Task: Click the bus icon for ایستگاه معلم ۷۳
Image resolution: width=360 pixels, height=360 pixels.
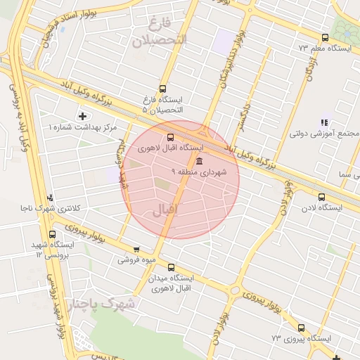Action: pos(324,38)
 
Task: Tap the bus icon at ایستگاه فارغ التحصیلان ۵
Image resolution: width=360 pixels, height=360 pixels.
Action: pos(163,89)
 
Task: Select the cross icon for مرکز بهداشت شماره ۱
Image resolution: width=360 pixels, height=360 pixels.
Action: pos(84,116)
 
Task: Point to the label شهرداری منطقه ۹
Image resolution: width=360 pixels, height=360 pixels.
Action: pos(195,172)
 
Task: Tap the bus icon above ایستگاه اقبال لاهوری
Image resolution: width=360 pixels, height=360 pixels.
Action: pos(169,138)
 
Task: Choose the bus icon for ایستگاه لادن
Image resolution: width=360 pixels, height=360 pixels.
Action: pos(321,197)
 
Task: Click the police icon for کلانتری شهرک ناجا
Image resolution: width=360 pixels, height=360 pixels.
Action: pos(50,198)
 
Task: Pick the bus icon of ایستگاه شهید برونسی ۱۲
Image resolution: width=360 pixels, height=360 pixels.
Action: pos(53,235)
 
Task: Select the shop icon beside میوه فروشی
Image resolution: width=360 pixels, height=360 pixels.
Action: pos(136,249)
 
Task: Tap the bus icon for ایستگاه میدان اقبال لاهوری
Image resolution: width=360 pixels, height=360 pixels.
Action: pos(172,267)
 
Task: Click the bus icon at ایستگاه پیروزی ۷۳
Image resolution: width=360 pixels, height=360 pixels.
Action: pos(302,328)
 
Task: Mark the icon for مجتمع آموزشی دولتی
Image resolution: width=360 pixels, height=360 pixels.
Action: pos(324,122)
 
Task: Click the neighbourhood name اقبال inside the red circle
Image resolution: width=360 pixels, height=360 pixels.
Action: pos(167,210)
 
